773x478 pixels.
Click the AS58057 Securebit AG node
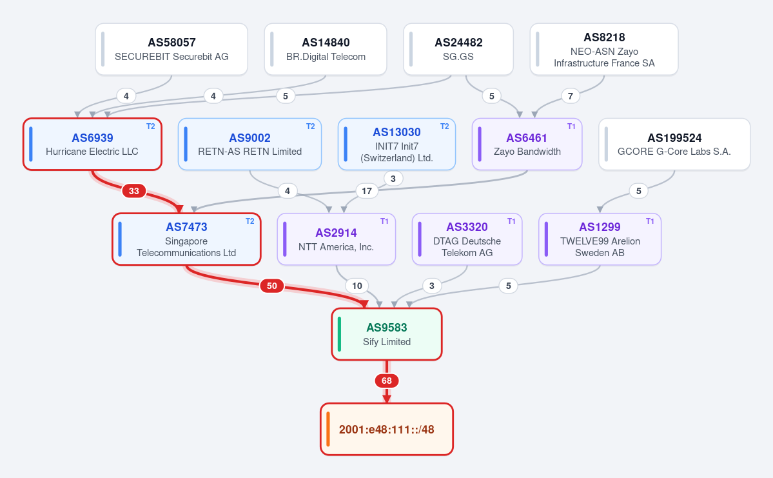click(171, 49)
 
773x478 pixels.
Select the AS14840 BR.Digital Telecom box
click(326, 49)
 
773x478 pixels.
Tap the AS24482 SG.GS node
click(458, 49)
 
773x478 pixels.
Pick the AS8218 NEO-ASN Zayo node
click(604, 49)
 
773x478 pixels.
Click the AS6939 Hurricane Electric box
click(92, 144)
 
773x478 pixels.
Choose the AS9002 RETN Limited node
click(250, 144)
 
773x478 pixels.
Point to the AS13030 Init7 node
click(396, 144)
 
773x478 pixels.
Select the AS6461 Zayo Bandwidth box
click(527, 144)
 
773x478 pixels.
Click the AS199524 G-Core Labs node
click(674, 144)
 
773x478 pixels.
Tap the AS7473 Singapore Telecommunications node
click(186, 239)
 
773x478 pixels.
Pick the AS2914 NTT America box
click(337, 239)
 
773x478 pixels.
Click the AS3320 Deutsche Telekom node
click(467, 239)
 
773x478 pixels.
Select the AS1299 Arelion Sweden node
click(600, 239)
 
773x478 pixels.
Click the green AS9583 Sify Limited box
click(387, 334)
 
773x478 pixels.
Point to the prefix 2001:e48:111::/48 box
click(387, 429)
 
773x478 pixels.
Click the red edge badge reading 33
click(134, 191)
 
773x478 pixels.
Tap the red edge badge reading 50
click(271, 286)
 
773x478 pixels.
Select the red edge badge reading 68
click(387, 381)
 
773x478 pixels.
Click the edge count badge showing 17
click(367, 191)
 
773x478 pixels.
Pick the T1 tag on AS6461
click(571, 126)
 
